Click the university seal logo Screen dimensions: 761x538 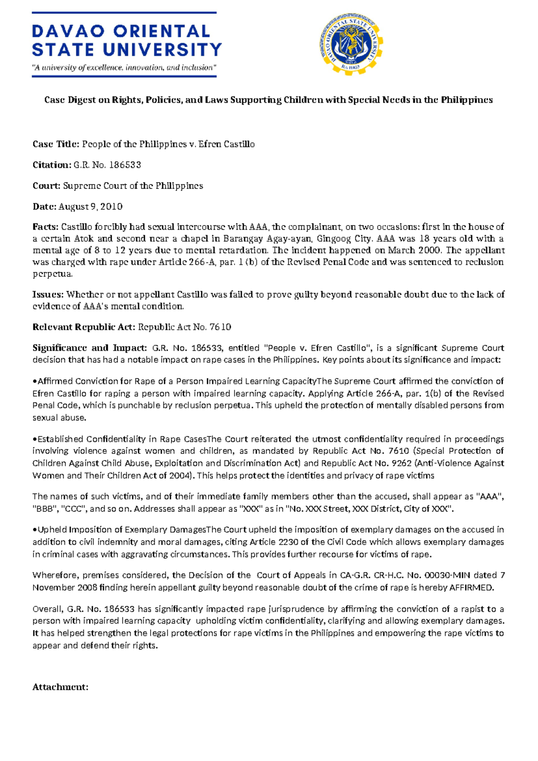(351, 44)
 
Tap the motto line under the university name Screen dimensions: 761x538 (124, 68)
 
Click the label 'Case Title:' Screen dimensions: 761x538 (56, 144)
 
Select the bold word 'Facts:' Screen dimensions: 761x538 (45, 227)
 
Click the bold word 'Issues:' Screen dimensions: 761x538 (48, 294)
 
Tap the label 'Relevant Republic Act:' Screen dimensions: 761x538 (83, 327)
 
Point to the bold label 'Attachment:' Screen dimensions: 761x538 (60, 687)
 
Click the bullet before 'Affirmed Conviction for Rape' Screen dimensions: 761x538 (35, 381)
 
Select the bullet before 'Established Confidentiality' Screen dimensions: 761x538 (35, 439)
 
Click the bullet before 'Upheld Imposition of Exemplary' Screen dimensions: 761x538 (35, 530)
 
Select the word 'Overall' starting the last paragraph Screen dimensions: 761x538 (47, 609)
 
